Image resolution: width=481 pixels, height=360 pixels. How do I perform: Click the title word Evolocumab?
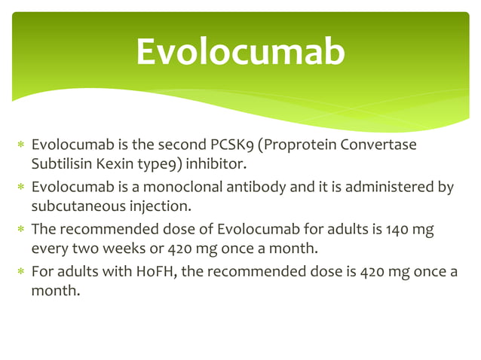(240, 52)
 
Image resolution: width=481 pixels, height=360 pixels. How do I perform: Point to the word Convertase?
(378, 145)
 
